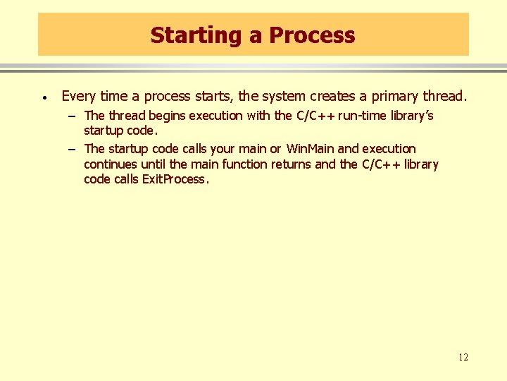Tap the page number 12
463,357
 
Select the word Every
79,96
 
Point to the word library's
416,115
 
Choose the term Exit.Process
175,179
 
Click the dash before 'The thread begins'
73,115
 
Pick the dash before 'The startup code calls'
73,149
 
